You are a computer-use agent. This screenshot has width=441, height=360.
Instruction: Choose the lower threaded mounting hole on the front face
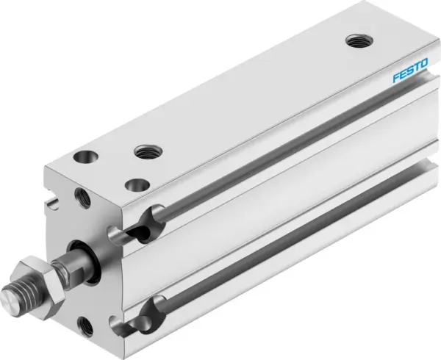87,322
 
